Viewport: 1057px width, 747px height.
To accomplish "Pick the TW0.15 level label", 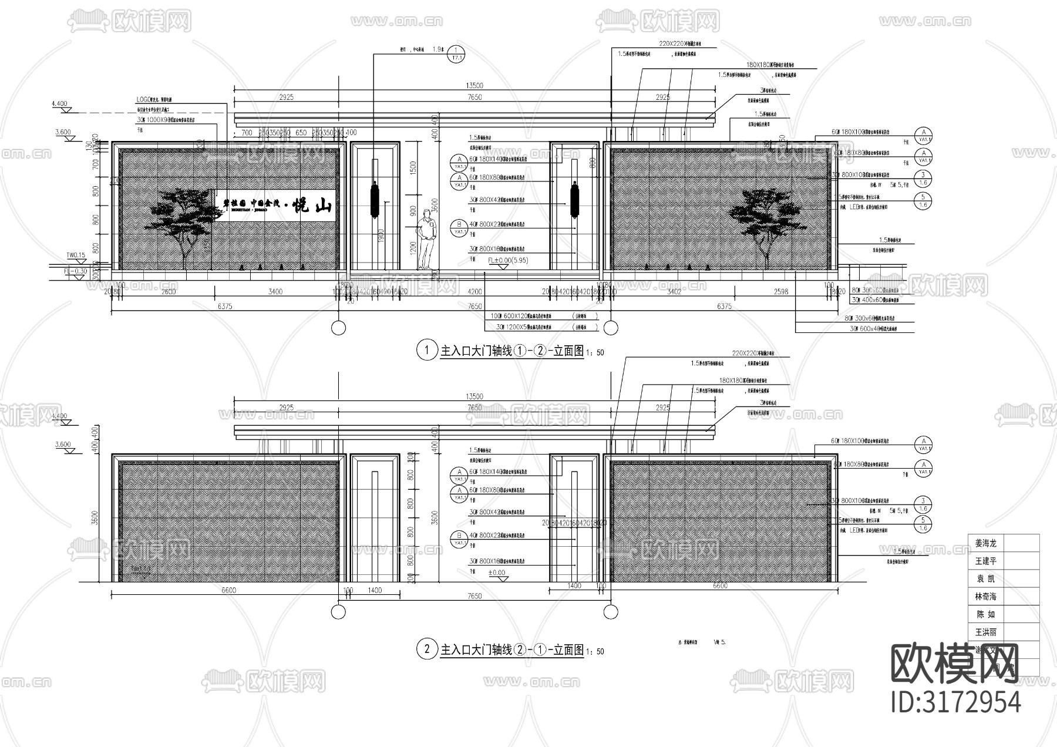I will point(76,255).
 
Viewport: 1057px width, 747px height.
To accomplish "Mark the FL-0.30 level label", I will point(75,271).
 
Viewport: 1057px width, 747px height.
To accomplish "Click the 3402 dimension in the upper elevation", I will point(674,291).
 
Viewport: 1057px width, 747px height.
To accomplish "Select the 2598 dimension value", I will point(780,291).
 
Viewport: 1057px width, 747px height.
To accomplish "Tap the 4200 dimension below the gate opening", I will point(474,291).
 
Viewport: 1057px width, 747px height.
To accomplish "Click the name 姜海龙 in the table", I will point(985,543).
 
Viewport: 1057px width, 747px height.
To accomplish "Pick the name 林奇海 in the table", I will point(985,597).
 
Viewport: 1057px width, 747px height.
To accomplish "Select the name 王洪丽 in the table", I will point(985,632).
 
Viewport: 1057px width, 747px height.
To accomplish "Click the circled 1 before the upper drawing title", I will point(424,351).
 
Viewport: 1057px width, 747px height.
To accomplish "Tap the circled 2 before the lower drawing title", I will point(424,650).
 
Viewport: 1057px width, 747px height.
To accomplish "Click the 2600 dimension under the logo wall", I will point(169,291).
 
